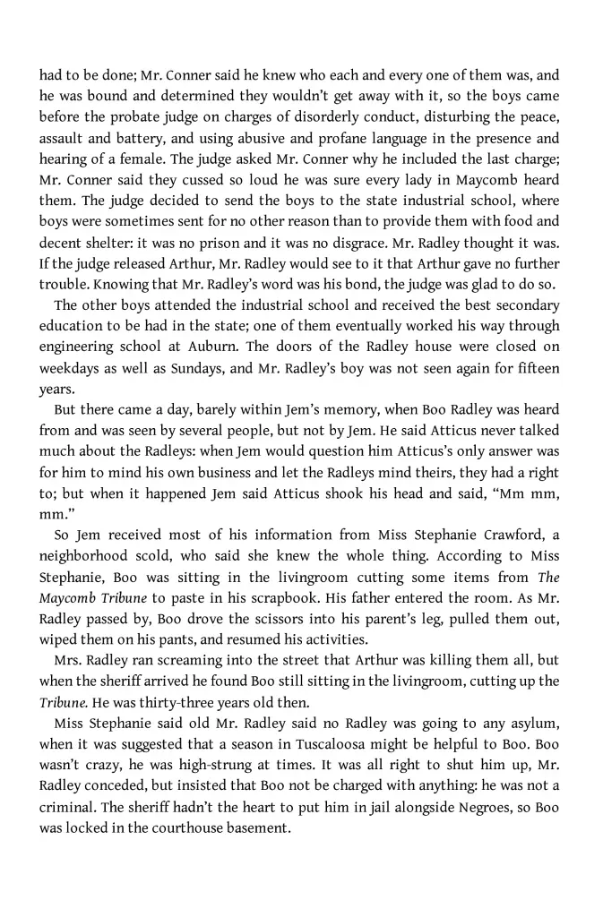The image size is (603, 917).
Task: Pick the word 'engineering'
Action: [x=78, y=347]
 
